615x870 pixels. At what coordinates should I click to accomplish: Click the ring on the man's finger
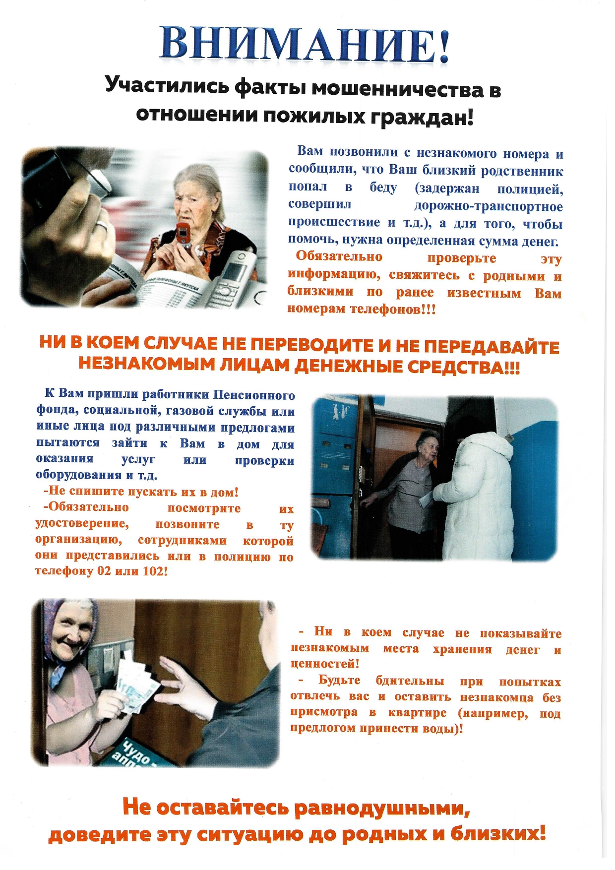[x=102, y=227]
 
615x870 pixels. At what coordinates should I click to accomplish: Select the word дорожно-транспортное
[x=488, y=206]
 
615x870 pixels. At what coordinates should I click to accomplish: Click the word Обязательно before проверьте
[x=339, y=256]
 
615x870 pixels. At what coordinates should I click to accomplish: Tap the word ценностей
[x=325, y=664]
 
